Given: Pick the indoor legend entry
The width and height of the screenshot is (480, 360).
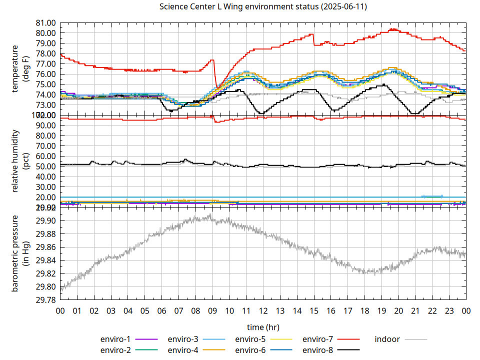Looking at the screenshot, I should click(x=387, y=339).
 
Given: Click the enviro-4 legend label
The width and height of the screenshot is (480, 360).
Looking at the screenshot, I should click(x=183, y=350).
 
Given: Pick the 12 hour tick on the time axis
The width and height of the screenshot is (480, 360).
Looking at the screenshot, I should click(x=263, y=310).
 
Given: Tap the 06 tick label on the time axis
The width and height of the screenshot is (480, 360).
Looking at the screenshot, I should click(x=161, y=310).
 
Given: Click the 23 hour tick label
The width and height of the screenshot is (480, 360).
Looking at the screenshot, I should click(x=449, y=310).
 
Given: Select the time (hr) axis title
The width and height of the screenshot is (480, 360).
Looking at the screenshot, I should click(x=263, y=327).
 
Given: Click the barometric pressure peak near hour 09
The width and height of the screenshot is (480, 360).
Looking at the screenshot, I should click(x=210, y=215).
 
